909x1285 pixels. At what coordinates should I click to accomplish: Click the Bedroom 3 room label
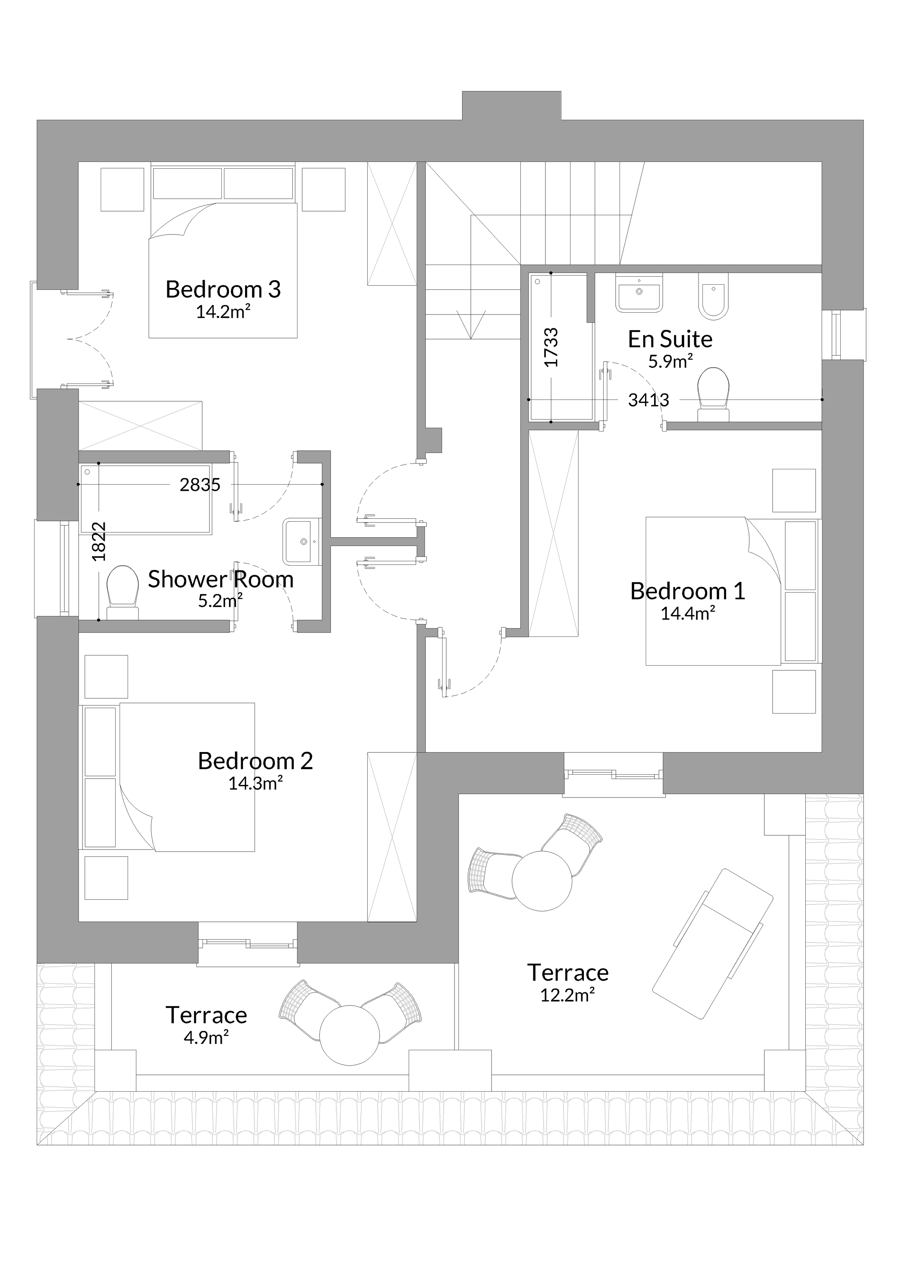coord(223,289)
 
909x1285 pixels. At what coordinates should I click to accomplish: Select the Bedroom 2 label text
coord(255,761)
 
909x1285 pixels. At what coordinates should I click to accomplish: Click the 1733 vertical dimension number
coord(551,347)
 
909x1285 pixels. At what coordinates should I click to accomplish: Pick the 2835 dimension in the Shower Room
coord(200,485)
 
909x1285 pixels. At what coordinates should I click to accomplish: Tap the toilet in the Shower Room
coord(123,593)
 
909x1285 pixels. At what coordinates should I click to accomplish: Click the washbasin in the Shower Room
coord(302,541)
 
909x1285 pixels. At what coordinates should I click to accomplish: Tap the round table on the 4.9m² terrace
coord(349,1035)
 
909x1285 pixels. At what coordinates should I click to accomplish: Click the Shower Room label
coord(221,579)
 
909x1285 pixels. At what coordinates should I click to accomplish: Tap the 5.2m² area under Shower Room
coord(221,601)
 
